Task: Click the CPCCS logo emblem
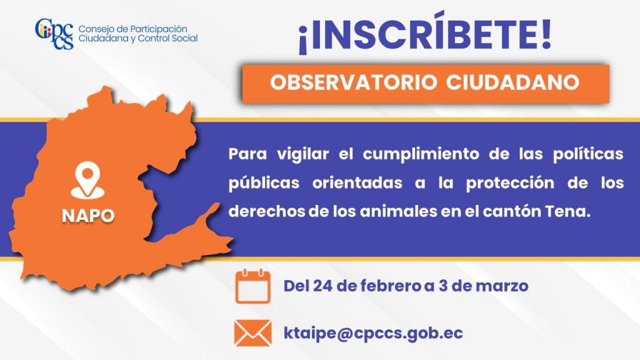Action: pyautogui.click(x=54, y=34)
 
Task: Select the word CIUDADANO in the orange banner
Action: pyautogui.click(x=512, y=82)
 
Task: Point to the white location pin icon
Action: pyautogui.click(x=87, y=180)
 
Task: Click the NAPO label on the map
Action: pyautogui.click(x=88, y=216)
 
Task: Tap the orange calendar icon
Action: pyautogui.click(x=253, y=286)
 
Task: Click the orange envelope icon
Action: pyautogui.click(x=253, y=333)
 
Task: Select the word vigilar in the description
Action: pyautogui.click(x=303, y=155)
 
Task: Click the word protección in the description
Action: pyautogui.click(x=510, y=184)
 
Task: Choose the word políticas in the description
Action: pyautogui.click(x=588, y=155)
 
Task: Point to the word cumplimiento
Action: pyautogui.click(x=421, y=155)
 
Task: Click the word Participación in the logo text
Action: pyautogui.click(x=158, y=29)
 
